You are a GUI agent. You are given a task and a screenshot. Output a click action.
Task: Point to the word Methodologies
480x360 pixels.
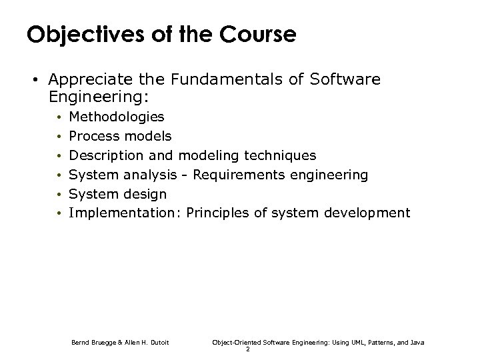[x=117, y=117]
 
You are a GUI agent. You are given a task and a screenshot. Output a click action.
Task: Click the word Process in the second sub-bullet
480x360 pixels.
[x=93, y=137]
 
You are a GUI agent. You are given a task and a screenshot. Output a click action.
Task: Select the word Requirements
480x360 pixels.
[x=227, y=175]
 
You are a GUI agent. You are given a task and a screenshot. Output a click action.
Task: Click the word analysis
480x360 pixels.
[x=146, y=175]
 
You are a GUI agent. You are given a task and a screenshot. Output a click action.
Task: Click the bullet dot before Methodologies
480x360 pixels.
[x=59, y=118]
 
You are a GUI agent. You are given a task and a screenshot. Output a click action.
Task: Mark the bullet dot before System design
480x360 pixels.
[x=59, y=195]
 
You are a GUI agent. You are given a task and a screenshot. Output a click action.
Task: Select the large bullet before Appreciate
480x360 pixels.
[x=33, y=81]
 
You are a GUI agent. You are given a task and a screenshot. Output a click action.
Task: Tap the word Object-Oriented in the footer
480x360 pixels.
[x=235, y=342]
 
